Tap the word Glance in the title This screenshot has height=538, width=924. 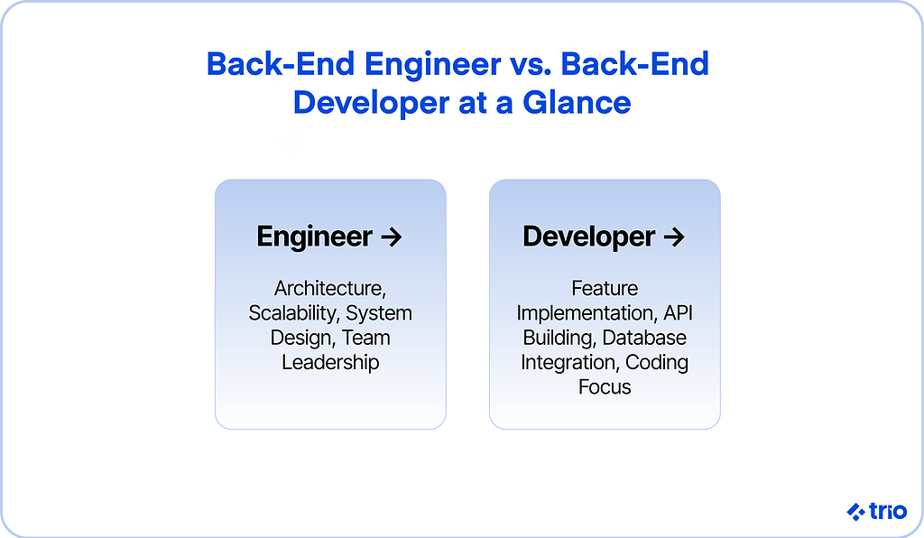(577, 103)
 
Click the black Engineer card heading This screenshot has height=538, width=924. (314, 237)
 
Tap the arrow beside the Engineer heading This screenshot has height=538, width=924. (392, 237)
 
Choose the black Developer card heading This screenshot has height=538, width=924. (588, 237)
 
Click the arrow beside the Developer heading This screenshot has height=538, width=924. (673, 237)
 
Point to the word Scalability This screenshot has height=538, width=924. (293, 313)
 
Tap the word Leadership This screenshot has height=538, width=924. (330, 362)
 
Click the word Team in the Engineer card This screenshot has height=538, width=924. (365, 338)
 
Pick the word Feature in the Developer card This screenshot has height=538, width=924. (605, 288)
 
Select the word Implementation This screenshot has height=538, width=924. (587, 313)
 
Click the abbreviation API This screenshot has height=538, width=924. (678, 313)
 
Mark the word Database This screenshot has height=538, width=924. (644, 338)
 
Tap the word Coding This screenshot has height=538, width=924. (657, 363)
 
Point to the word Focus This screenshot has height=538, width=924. (605, 387)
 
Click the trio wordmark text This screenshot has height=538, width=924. (888, 511)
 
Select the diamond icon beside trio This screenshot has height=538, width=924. (855, 512)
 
